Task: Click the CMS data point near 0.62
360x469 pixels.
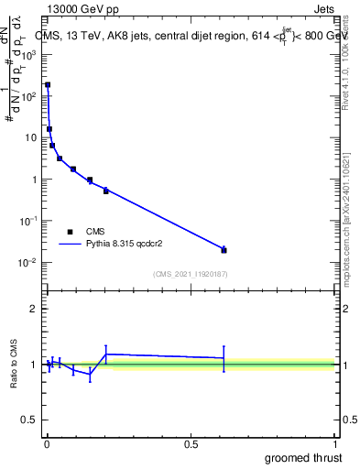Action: pos(224,249)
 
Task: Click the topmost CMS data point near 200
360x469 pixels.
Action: pos(48,84)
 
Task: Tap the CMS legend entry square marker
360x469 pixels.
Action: pos(70,232)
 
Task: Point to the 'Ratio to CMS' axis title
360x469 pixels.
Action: pos(16,364)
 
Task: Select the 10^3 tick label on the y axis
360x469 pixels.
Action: pos(28,54)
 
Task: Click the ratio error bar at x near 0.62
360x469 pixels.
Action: pos(224,357)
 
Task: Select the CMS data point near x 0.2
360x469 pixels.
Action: pos(106,191)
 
